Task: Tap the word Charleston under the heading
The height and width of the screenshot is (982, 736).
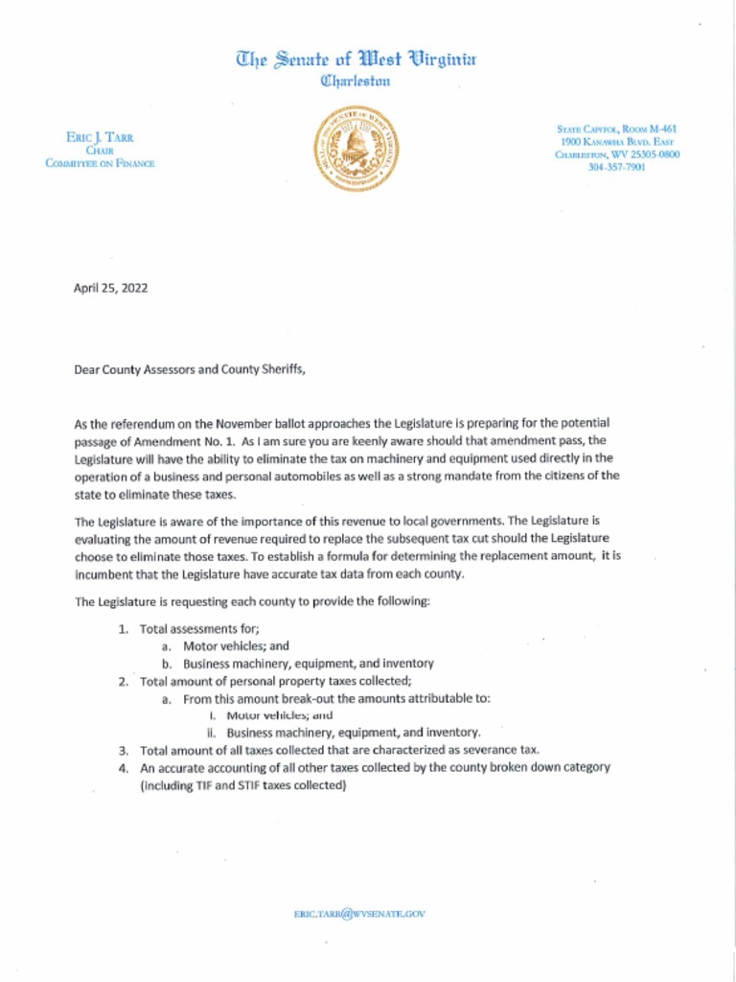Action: (x=356, y=82)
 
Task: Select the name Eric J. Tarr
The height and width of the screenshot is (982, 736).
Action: (x=100, y=138)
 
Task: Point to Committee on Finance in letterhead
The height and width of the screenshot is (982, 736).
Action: (x=100, y=163)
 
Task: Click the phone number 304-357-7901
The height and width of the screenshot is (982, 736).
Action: (x=616, y=167)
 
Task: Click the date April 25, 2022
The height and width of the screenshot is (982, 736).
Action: (x=110, y=288)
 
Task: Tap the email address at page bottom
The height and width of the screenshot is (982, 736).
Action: (x=359, y=914)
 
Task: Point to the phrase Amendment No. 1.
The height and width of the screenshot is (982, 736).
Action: (x=184, y=441)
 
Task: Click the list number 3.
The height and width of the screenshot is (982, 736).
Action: (x=123, y=751)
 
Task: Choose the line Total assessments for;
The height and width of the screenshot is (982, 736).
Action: (x=199, y=629)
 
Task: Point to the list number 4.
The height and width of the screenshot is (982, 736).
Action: (x=123, y=768)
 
